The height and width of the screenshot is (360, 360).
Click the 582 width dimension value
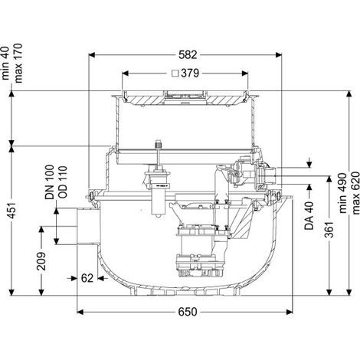188,55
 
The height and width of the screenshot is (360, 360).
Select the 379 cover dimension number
190,74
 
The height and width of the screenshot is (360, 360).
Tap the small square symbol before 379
175,74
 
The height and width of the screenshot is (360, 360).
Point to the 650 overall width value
188,312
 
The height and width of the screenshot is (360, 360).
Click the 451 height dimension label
13,211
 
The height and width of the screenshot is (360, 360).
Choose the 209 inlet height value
41,261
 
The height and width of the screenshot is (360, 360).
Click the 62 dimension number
87,278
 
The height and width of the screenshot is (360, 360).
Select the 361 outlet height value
331,229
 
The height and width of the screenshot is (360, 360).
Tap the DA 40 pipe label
309,216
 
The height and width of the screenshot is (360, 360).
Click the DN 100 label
50,182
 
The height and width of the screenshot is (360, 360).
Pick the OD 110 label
62,182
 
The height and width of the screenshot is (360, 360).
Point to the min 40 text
5,63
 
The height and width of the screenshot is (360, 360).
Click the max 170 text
18,63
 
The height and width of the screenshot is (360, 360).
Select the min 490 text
342,193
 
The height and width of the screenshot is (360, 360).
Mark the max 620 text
355,193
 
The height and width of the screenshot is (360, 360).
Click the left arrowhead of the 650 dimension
80,312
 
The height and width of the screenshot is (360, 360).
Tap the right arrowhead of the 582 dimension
279,55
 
